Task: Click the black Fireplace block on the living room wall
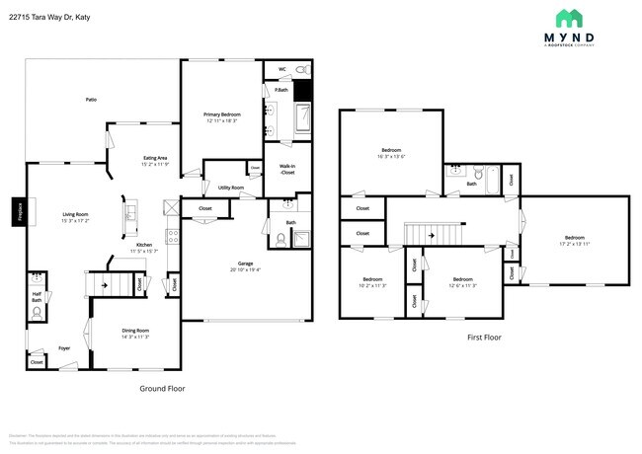[18, 212]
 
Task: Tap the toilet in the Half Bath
[37, 313]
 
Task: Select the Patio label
[91, 100]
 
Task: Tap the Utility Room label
[231, 187]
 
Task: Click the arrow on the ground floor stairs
[92, 283]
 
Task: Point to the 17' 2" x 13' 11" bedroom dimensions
[574, 243]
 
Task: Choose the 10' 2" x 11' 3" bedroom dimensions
[372, 285]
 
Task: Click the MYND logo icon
[569, 19]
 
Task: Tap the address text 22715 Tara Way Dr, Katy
[64, 17]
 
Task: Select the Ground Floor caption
[161, 388]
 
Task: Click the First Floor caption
[484, 338]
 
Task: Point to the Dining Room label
[135, 330]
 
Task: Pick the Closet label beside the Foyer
[37, 362]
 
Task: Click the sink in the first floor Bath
[455, 170]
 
